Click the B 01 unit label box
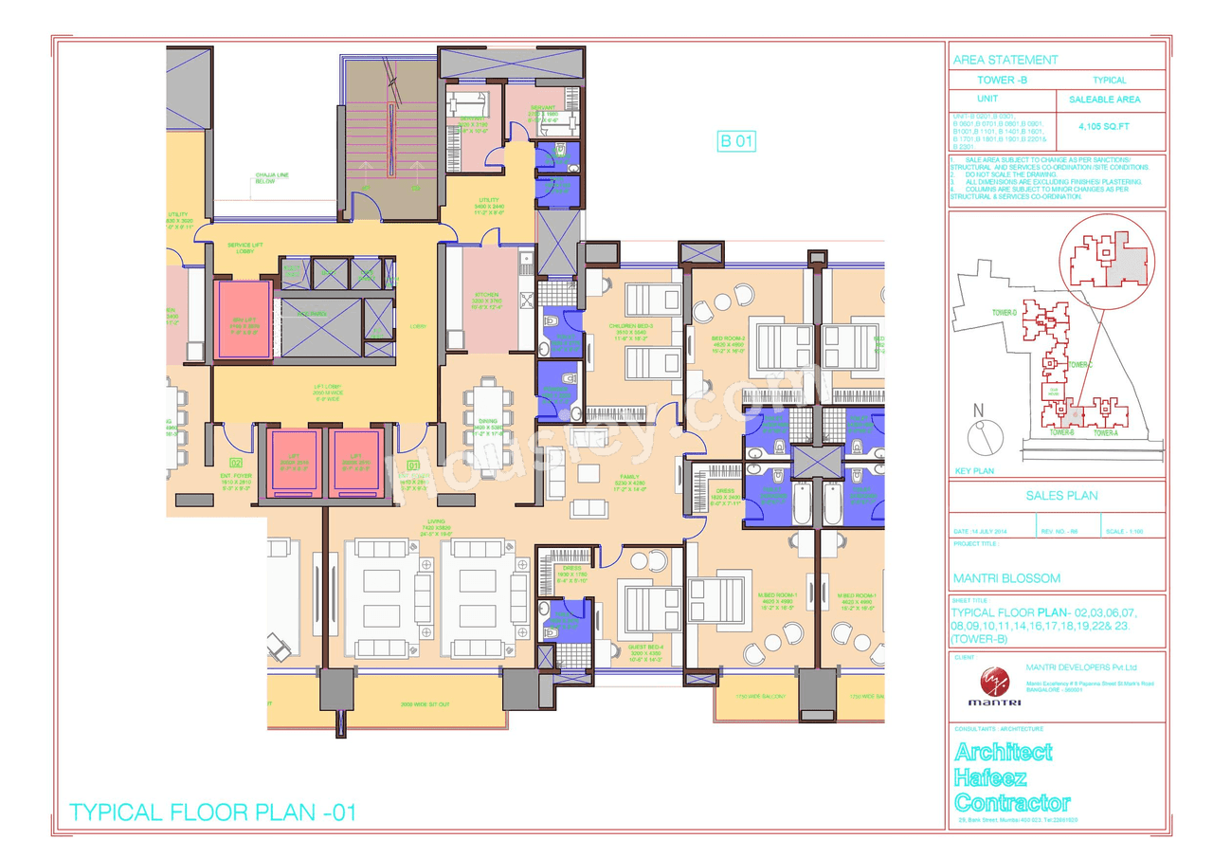click(737, 142)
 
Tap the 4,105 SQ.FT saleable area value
click(1104, 125)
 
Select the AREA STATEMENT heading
click(1005, 60)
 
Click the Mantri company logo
click(988, 684)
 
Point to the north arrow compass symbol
click(982, 436)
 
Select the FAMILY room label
click(625, 478)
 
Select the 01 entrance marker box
click(413, 466)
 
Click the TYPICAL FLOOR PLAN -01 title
click(213, 812)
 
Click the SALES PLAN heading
click(1061, 495)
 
